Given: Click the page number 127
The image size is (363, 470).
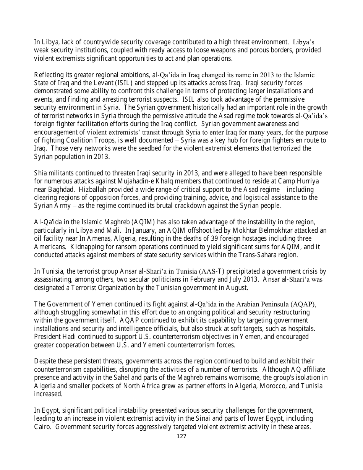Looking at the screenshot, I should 181,436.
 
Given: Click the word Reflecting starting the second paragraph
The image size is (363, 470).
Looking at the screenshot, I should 49,75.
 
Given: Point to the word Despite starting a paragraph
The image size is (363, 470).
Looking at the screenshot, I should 45,361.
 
